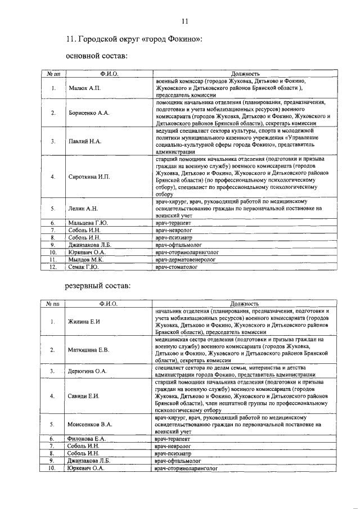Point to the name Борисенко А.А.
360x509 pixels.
tap(88, 113)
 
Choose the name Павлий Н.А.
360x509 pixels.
tap(84, 141)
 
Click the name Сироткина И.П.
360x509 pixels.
tap(88, 177)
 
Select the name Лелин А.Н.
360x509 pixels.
tap(83, 209)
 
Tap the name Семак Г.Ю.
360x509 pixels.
tap(83, 267)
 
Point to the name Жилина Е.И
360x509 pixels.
tap(84, 321)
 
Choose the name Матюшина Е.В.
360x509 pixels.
tap(88, 350)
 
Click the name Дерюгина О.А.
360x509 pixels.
tap(87, 371)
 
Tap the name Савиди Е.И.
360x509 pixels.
tap(83, 397)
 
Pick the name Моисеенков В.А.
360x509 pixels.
tap(90, 423)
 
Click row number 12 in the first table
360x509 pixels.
tap(52, 267)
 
